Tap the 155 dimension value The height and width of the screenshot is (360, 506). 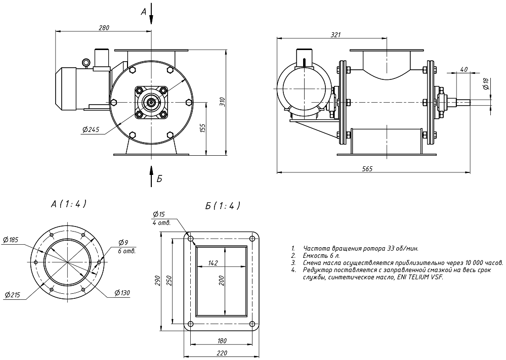(202, 128)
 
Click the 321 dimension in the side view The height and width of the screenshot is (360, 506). (335, 35)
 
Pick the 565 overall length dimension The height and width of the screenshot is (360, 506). (368, 169)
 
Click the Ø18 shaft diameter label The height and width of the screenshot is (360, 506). (486, 84)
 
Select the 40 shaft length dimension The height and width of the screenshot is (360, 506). (463, 70)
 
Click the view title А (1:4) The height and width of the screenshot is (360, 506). (69, 203)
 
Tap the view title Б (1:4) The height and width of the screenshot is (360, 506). (223, 206)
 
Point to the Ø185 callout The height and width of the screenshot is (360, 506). (11, 240)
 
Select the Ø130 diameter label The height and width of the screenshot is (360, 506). (123, 293)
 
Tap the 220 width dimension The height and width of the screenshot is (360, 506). (221, 353)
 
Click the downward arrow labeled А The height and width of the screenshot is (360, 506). (151, 15)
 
